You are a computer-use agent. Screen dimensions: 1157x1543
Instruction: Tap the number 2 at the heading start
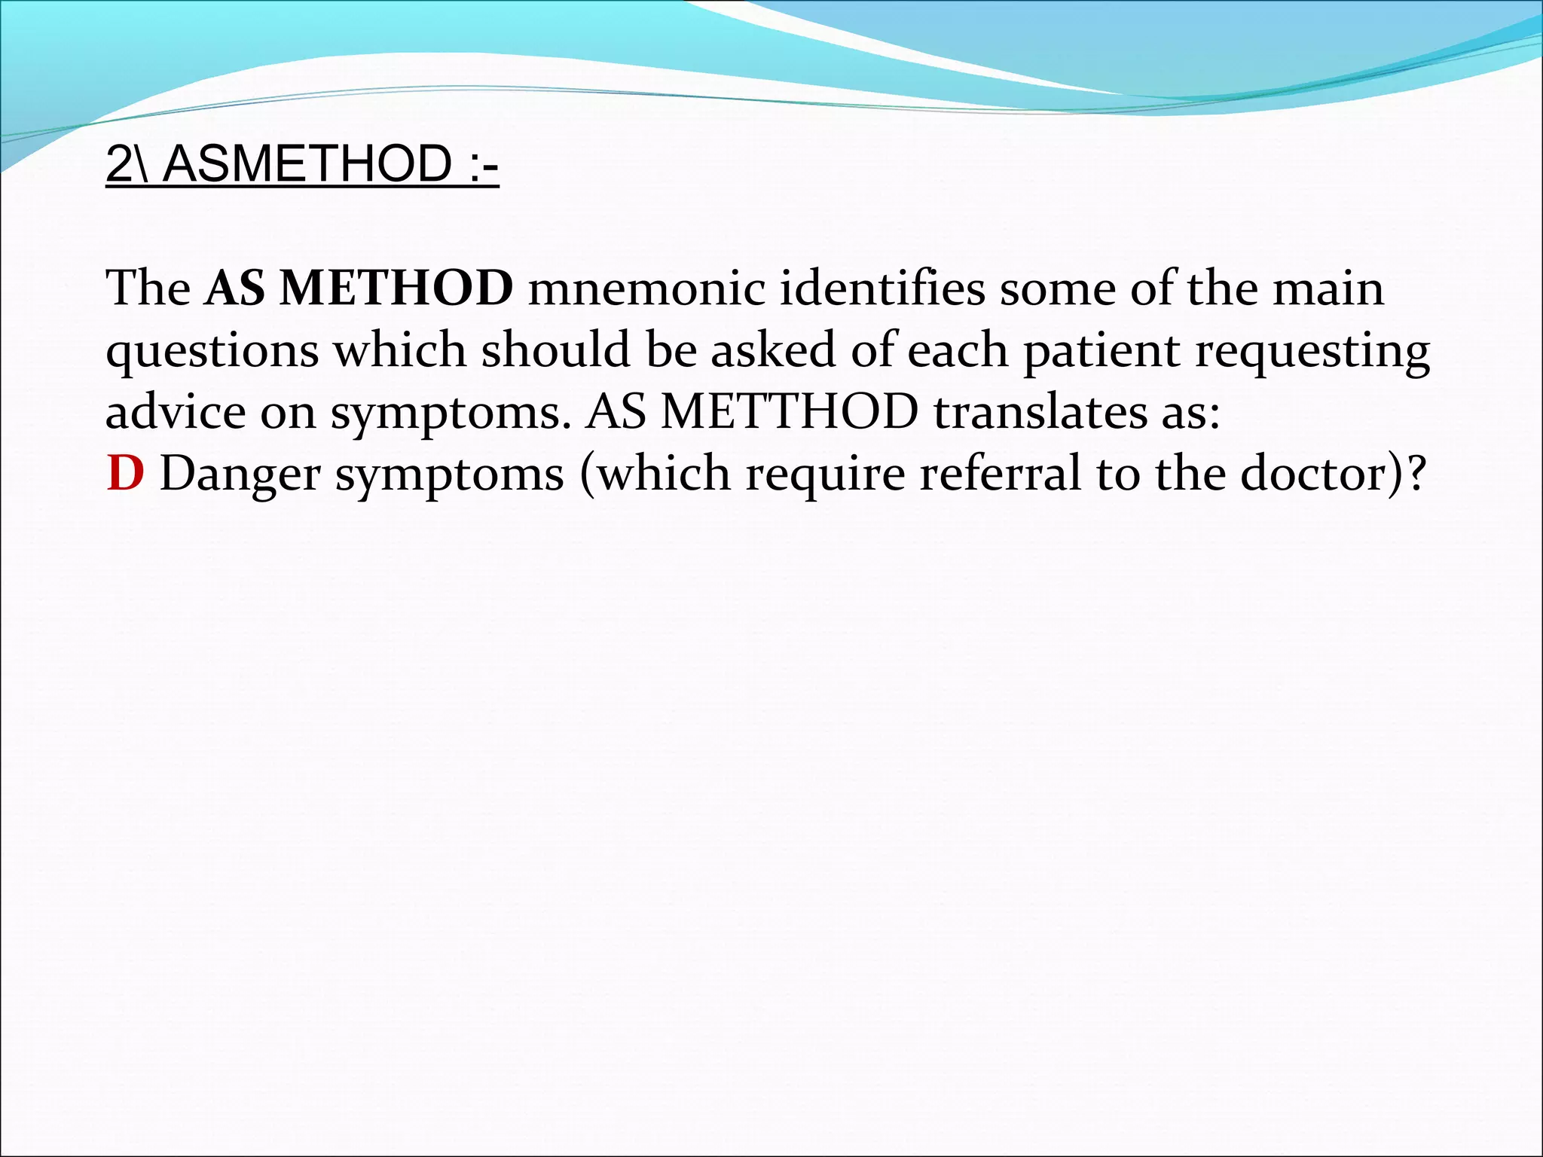(119, 164)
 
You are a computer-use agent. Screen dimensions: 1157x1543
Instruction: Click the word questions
(212, 351)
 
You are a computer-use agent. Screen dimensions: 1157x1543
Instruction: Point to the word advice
(176, 413)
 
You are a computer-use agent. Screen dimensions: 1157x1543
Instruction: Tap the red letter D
(125, 475)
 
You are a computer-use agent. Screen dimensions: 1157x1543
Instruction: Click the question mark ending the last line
(1416, 475)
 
